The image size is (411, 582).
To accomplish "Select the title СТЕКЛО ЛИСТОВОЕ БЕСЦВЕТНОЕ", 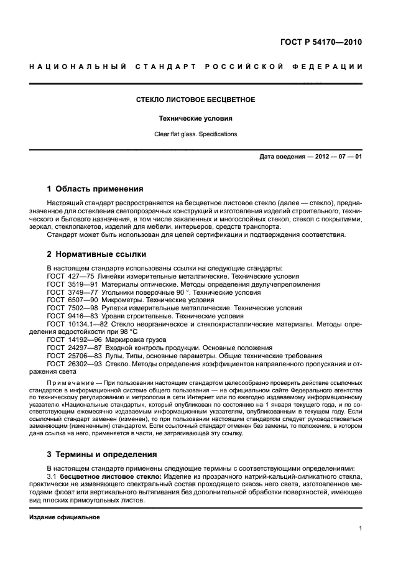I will click(196, 99).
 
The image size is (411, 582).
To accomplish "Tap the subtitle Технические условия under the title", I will click(196, 118).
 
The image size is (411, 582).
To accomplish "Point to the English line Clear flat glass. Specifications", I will click(196, 134).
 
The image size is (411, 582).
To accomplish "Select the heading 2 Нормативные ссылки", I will click(97, 254).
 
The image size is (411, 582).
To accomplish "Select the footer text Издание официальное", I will click(65, 517).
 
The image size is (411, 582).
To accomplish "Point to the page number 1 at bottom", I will click(360, 529).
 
